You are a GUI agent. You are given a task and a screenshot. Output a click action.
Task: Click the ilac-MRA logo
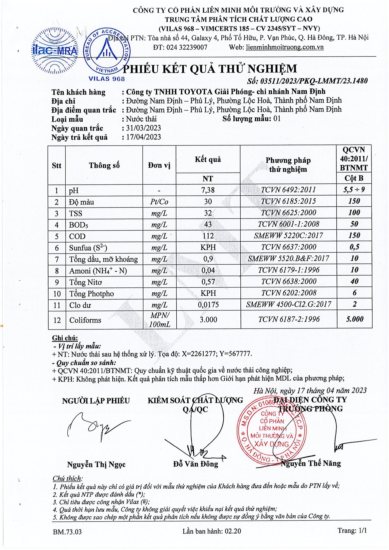[x=55, y=51]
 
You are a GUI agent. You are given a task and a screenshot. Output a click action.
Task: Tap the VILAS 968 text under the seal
[x=107, y=79]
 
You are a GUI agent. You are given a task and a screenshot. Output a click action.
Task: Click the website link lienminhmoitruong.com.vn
[x=285, y=47]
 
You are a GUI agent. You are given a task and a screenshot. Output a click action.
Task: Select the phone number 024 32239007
[x=187, y=47]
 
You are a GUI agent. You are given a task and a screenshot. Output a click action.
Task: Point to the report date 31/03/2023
[x=143, y=128]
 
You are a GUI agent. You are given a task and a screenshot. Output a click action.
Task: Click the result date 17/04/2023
[x=143, y=137]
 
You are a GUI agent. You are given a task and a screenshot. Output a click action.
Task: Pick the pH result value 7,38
[x=208, y=190]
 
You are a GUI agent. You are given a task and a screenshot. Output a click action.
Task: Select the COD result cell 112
[x=208, y=236]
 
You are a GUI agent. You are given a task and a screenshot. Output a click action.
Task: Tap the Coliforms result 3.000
[x=208, y=319]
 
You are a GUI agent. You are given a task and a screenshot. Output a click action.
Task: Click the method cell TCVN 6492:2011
[x=288, y=190]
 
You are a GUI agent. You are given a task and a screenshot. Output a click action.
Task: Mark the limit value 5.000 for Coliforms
[x=354, y=319]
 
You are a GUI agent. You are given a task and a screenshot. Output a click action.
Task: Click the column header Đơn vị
[x=159, y=165]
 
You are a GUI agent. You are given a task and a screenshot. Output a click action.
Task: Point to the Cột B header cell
[x=354, y=178]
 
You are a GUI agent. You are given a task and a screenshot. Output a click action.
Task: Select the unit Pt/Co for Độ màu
[x=159, y=202]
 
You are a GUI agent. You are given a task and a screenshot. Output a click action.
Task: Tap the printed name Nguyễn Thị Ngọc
[x=96, y=464]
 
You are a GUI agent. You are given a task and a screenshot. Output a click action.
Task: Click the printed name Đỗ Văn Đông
[x=195, y=464]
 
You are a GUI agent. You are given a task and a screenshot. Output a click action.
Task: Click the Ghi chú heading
[x=65, y=338]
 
